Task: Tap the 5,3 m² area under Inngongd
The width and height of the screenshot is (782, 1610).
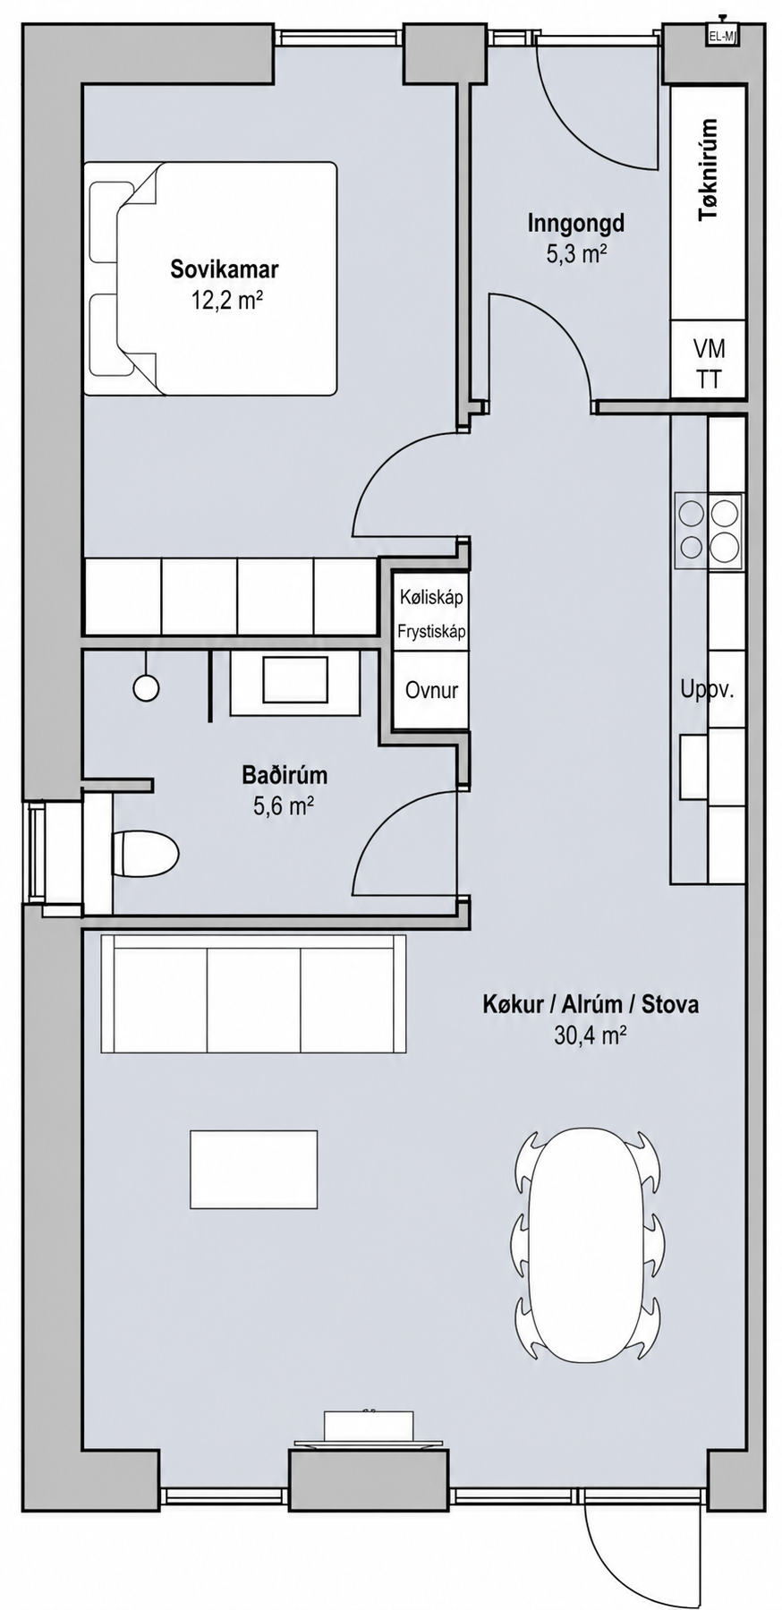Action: point(577,254)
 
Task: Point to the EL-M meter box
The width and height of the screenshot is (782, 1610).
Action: point(720,36)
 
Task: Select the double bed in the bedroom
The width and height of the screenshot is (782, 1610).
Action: point(211,278)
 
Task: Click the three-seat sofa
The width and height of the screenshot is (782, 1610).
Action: point(254,993)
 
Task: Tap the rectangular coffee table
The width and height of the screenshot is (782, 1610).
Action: point(253,1169)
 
